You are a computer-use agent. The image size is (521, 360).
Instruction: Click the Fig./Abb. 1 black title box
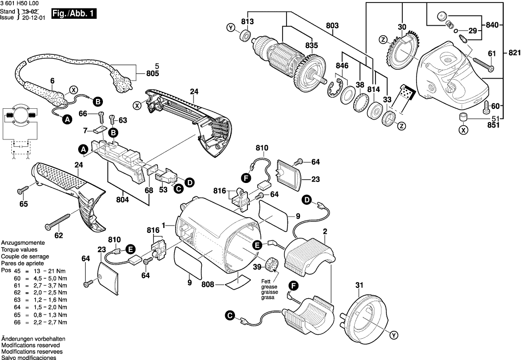(x=75, y=14)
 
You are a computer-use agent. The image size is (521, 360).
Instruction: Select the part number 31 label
(x=359, y=284)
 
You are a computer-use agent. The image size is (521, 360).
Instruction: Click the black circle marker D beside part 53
(x=189, y=183)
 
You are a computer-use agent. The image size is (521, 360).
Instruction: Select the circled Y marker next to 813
(x=231, y=28)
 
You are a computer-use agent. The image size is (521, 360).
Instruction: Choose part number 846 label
(x=341, y=65)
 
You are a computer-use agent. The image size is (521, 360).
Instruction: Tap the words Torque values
(x=19, y=250)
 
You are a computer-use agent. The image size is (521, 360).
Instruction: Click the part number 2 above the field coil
(x=325, y=231)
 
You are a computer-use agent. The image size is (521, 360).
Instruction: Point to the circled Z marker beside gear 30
(x=383, y=39)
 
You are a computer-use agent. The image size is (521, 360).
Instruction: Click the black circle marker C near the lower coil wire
(x=229, y=315)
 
